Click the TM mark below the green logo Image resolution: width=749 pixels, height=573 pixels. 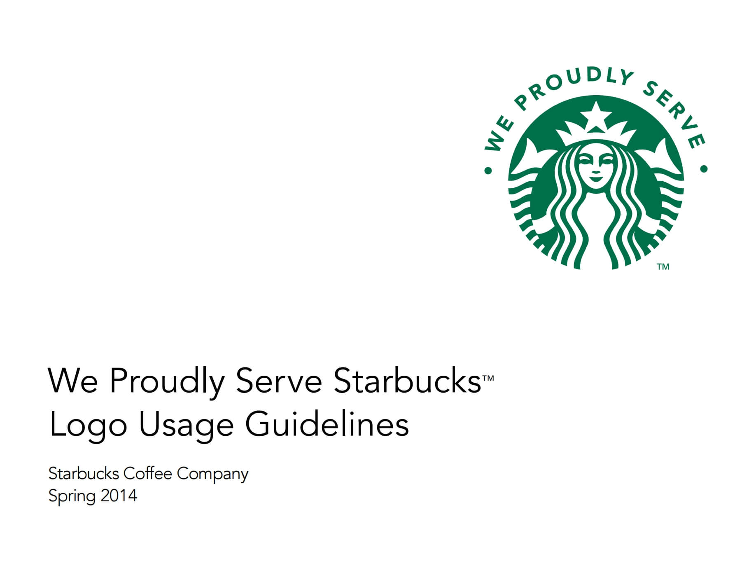pos(663,267)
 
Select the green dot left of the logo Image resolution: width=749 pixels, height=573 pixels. pos(488,170)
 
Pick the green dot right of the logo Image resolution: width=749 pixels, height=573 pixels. pos(704,168)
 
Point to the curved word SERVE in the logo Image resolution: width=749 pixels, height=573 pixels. pos(675,111)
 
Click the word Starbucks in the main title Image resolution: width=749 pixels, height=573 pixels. pos(407,381)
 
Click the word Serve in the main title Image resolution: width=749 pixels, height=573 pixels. pos(279,381)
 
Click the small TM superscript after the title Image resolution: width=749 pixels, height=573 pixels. pos(488,378)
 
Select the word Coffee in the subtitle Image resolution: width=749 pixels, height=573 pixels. pos(147,474)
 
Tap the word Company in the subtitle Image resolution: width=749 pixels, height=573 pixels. pos(213,475)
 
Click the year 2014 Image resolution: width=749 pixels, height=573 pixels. pos(119,496)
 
